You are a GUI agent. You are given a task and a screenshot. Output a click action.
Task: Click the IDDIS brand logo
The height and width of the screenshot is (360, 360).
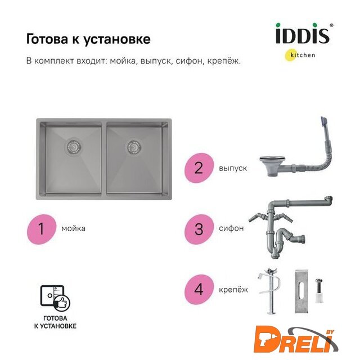304,34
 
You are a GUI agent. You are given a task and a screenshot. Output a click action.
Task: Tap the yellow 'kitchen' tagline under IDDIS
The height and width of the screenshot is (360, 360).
300,55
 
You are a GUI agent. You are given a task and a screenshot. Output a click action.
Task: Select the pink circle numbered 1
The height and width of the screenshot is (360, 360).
42,229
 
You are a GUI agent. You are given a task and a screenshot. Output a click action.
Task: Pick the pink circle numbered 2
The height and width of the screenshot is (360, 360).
199,168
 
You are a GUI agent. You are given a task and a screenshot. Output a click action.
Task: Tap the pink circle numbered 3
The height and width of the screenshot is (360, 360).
199,229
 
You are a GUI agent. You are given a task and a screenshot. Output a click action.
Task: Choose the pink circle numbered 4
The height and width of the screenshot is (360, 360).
199,290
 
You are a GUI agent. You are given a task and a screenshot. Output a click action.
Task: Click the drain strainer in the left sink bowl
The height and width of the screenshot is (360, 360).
73,146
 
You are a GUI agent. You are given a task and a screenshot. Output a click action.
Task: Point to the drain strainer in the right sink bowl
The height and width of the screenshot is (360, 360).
134,146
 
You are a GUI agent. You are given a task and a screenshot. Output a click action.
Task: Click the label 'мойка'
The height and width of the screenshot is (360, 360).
73,229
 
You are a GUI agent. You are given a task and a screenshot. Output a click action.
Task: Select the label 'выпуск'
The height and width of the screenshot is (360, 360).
233,168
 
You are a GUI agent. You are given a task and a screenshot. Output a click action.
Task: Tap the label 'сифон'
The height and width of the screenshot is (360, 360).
231,228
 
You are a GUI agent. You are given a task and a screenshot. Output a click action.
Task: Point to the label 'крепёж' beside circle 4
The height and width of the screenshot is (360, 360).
233,290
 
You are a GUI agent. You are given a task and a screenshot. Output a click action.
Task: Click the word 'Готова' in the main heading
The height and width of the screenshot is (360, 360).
47,39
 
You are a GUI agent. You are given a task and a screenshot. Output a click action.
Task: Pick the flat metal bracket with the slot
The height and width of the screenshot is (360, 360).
301,291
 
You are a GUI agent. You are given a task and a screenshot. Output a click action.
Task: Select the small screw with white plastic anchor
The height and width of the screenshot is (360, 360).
319,290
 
